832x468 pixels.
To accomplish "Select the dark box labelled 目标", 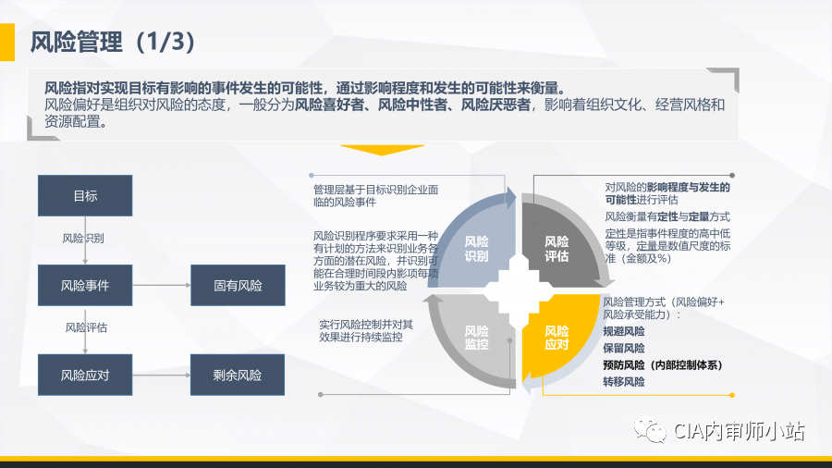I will pos(85,196).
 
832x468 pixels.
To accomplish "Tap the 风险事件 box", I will pos(85,286).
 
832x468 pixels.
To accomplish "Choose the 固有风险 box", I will pos(238,286).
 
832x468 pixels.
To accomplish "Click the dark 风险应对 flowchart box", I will pos(85,376).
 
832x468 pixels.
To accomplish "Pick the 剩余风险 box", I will pos(238,376).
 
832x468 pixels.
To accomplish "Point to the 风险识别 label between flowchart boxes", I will pos(83,239).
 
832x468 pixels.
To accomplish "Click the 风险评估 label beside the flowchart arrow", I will pos(86,327).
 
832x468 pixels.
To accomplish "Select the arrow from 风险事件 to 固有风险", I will pos(161,286).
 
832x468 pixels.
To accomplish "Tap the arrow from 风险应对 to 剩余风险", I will pos(161,376).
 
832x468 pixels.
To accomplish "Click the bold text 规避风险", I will pos(624,331).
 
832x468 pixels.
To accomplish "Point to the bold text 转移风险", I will pos(624,381).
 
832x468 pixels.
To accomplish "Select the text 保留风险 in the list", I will pos(624,348).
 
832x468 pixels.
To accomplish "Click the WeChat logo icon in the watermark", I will pos(655,432).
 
